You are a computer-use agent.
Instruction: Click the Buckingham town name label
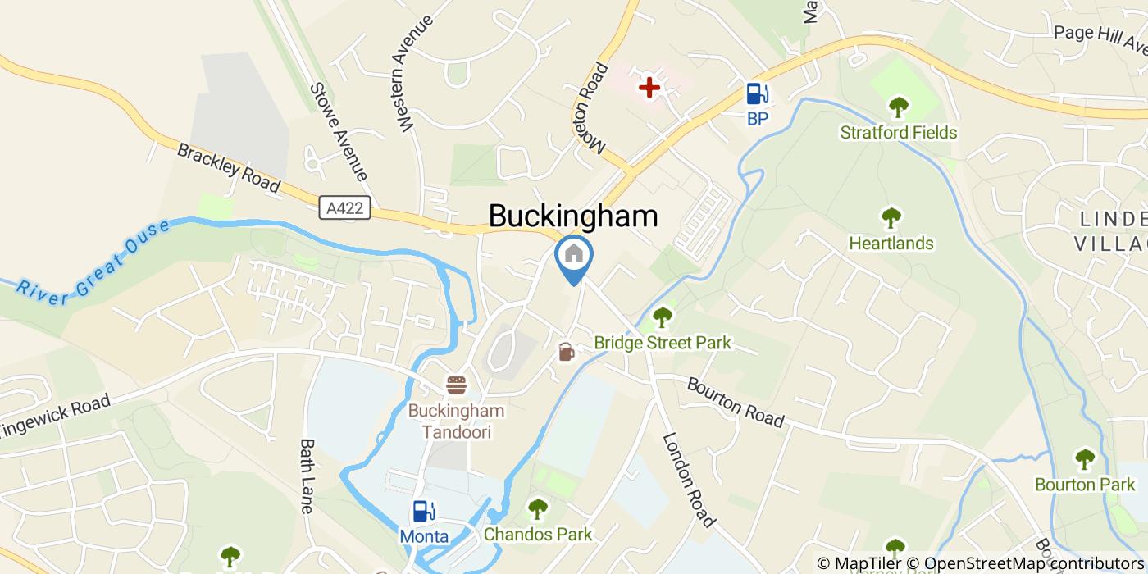[x=573, y=216]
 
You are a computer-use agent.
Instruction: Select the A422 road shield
[x=345, y=209]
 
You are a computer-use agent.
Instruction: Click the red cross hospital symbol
[x=649, y=87]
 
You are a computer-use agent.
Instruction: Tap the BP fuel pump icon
[x=757, y=94]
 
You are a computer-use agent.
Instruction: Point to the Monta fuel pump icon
[x=423, y=512]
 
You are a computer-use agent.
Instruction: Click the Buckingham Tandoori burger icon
[x=456, y=385]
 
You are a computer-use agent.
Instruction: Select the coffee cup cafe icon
[x=566, y=352]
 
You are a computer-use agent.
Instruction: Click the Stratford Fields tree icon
[x=899, y=107]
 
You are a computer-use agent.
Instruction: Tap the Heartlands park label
[x=891, y=244]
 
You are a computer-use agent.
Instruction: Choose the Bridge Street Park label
[x=663, y=343]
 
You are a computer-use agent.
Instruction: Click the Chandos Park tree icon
[x=537, y=509]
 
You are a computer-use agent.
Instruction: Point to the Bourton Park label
[x=1084, y=485]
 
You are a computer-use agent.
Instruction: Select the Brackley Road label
[x=229, y=169]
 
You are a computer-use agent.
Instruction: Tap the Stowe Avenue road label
[x=338, y=132]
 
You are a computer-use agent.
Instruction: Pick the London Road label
[x=689, y=481]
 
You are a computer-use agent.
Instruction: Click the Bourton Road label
[x=735, y=402]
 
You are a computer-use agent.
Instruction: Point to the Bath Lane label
[x=307, y=476]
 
